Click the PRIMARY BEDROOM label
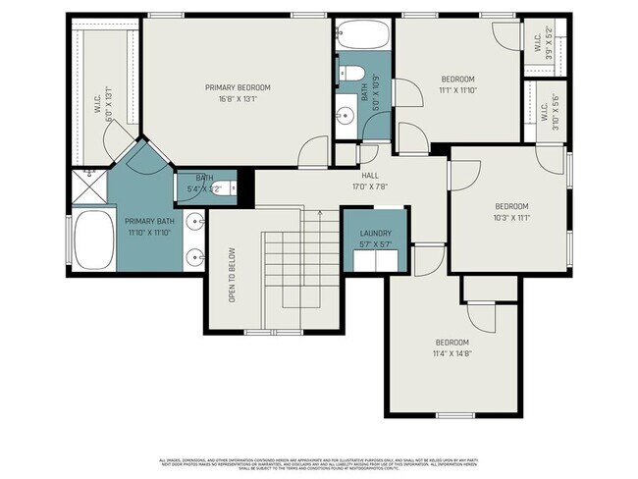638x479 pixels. pos(238,87)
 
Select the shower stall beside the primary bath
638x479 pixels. pos(88,186)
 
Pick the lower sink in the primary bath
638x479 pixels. pos(195,258)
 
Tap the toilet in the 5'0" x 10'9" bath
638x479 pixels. pos(352,74)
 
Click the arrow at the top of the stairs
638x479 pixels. pos(304,215)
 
